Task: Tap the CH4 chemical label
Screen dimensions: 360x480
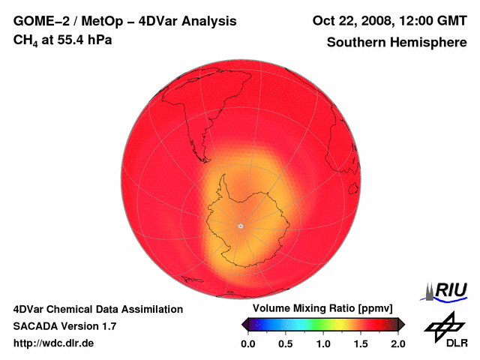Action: click(x=25, y=40)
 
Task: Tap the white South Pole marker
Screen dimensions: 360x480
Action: click(x=240, y=226)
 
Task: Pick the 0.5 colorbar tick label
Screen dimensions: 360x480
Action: click(x=285, y=344)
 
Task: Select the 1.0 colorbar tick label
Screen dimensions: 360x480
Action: click(x=323, y=344)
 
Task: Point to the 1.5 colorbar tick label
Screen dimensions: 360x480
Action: click(x=361, y=344)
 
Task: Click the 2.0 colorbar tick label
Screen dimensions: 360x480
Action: click(x=398, y=344)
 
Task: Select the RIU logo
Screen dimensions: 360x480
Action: click(x=447, y=290)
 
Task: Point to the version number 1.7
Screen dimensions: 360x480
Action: click(x=108, y=326)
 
